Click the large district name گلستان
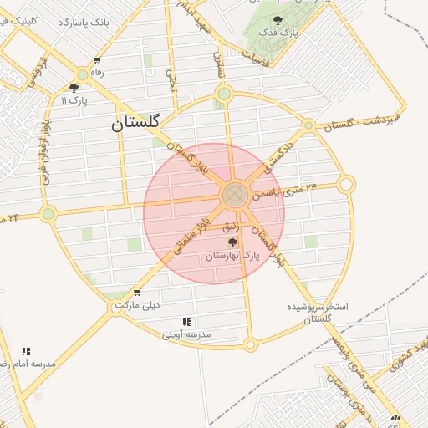click(135, 124)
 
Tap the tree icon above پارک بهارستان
click(232, 242)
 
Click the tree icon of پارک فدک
click(278, 19)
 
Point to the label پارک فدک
click(278, 33)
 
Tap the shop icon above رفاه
click(98, 60)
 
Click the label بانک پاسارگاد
click(84, 20)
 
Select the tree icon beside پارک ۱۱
click(74, 87)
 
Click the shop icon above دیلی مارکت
click(137, 293)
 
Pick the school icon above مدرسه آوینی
click(186, 322)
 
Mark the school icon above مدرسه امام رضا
click(26, 351)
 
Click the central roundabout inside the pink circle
click(234, 195)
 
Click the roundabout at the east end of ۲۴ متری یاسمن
click(346, 184)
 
